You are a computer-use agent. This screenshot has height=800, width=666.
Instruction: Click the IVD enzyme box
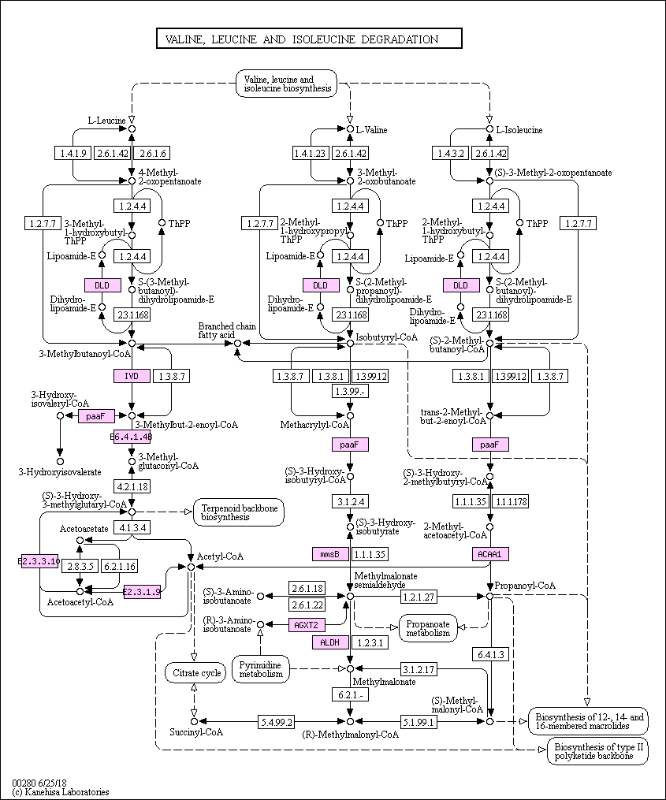point(132,376)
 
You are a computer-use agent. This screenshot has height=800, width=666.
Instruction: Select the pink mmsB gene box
point(329,554)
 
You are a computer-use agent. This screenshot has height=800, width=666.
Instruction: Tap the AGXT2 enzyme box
point(307,625)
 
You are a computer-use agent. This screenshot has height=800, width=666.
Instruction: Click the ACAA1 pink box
point(489,554)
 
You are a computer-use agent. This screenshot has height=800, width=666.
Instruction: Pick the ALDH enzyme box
point(329,643)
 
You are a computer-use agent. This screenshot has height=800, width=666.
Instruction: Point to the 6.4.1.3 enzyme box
point(489,654)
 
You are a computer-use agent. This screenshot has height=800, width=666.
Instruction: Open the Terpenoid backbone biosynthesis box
point(239,513)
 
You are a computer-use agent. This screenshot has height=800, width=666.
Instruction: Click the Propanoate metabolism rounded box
point(428,627)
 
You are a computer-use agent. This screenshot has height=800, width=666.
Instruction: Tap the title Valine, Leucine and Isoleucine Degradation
point(308,39)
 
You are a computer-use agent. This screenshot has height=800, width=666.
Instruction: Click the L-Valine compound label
point(371,129)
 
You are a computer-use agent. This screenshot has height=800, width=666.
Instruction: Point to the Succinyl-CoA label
point(196,732)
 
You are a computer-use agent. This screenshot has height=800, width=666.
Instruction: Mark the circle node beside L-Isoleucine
point(489,128)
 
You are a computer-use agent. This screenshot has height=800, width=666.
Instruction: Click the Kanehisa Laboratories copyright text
point(61,792)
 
